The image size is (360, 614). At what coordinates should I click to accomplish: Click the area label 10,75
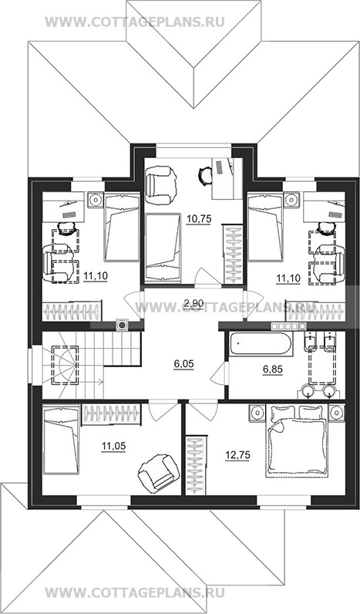click(199, 219)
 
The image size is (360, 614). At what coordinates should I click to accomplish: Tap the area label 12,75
click(237, 455)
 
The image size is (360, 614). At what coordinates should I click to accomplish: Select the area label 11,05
click(113, 446)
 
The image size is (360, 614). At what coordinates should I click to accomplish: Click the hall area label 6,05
click(183, 364)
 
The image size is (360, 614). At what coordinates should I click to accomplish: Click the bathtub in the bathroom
click(261, 344)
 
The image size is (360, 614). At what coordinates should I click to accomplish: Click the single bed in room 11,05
click(61, 440)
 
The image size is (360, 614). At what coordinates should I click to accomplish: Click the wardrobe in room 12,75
click(195, 465)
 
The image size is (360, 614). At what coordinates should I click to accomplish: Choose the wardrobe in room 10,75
click(233, 253)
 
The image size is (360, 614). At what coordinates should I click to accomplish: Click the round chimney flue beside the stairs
click(123, 325)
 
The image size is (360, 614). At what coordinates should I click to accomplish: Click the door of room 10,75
click(207, 278)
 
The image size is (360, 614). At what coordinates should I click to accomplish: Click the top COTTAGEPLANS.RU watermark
click(135, 22)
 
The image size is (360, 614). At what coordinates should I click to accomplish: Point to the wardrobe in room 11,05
click(112, 414)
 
